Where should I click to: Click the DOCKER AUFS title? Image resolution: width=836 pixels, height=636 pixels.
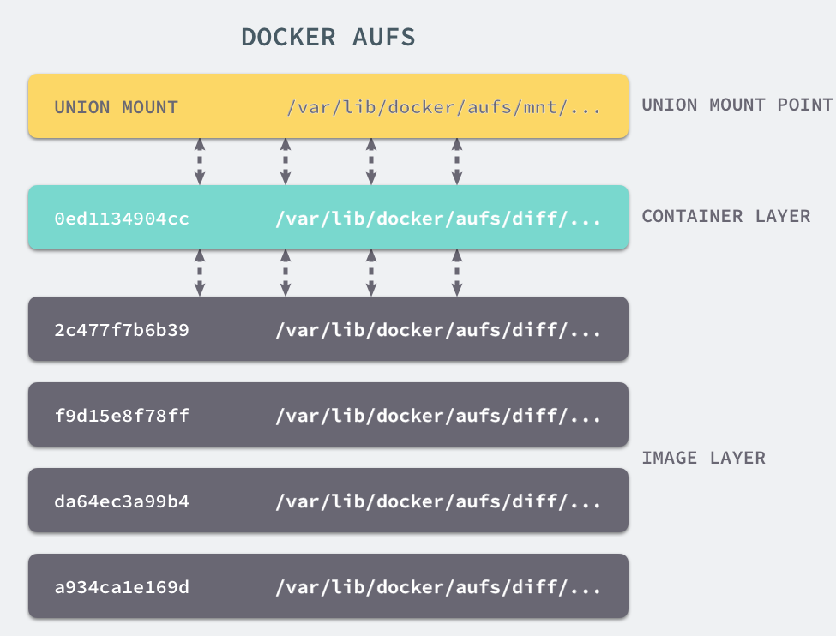pyautogui.click(x=328, y=37)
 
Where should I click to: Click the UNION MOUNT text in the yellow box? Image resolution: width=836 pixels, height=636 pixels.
pyautogui.click(x=116, y=107)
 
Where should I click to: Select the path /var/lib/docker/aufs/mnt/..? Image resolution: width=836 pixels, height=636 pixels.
pyautogui.click(x=444, y=107)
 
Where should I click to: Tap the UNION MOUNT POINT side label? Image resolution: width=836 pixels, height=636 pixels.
pyautogui.click(x=737, y=105)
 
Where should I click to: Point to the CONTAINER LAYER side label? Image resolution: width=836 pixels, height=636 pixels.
pyautogui.click(x=725, y=216)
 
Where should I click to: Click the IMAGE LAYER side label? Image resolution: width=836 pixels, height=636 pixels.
pyautogui.click(x=703, y=458)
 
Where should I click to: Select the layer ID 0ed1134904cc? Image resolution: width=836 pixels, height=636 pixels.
pyautogui.click(x=122, y=219)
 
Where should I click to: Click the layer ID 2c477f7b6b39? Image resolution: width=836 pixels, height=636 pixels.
pyautogui.click(x=122, y=330)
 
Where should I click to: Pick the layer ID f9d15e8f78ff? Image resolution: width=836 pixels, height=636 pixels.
pyautogui.click(x=122, y=416)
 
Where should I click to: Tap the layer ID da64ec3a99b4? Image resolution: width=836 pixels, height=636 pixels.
pyautogui.click(x=122, y=501)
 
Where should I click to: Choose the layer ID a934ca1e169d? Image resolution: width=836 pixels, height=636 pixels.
pyautogui.click(x=122, y=587)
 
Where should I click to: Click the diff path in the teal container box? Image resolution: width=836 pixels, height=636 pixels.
pyautogui.click(x=438, y=219)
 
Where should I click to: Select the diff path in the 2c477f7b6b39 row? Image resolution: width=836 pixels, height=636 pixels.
pyautogui.click(x=438, y=330)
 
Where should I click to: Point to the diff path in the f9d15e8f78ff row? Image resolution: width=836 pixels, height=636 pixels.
pyautogui.click(x=438, y=416)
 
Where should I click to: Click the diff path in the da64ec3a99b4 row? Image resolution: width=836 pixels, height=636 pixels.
pyautogui.click(x=438, y=501)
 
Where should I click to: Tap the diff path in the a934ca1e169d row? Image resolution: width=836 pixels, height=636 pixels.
pyautogui.click(x=438, y=587)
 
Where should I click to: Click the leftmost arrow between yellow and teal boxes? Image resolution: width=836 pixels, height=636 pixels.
pyautogui.click(x=200, y=161)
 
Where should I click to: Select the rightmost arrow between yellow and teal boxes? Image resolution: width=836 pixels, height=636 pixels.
pyautogui.click(x=457, y=161)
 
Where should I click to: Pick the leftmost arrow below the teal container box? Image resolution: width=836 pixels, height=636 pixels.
pyautogui.click(x=200, y=273)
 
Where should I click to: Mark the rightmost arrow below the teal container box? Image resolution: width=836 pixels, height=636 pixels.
pyautogui.click(x=457, y=273)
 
